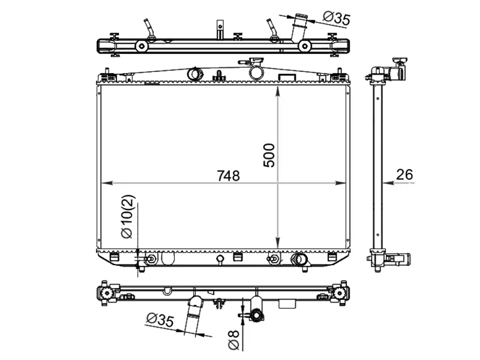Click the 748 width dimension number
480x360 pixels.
tap(229, 176)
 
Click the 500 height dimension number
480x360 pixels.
tap(269, 155)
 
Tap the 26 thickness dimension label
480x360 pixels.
tap(404, 175)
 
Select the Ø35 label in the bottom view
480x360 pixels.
tap(160, 320)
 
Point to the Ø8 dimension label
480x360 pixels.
tap(234, 340)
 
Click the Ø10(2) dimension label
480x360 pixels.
tap(128, 217)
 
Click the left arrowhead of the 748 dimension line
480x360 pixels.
tap(107, 183)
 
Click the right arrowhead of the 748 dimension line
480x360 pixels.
tap(340, 183)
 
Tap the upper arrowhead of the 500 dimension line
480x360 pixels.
tap(278, 92)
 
